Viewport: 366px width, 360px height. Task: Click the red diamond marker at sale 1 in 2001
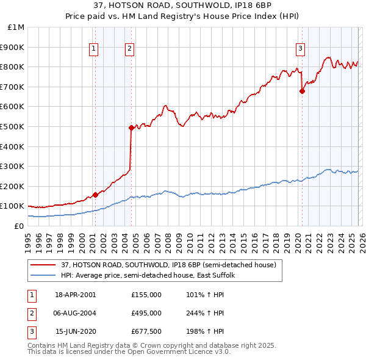pos(95,195)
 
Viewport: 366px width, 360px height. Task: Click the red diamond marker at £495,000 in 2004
pos(131,128)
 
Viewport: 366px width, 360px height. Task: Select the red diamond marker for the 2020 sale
pos(302,91)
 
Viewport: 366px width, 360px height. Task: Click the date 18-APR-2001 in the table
pos(75,295)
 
